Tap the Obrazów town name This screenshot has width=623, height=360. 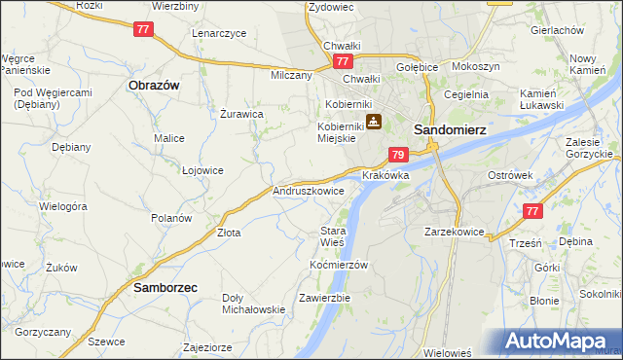point(154,85)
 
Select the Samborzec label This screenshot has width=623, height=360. point(159,288)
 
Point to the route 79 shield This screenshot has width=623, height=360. point(397,155)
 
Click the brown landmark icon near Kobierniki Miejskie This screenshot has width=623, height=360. point(373,122)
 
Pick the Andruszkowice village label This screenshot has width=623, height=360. point(309,192)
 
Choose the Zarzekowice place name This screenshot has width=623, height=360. point(454,232)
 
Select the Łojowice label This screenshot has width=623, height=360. point(202,170)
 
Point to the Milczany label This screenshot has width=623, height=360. point(291,75)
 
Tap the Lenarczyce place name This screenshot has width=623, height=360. point(219,33)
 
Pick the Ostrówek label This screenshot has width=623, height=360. point(508,174)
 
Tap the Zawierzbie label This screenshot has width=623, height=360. point(324,297)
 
